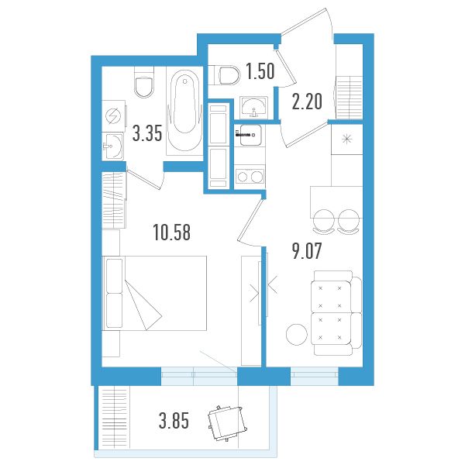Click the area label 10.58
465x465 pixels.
[x=172, y=232]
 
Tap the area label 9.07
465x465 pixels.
[x=307, y=251]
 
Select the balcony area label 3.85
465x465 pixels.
[x=174, y=421]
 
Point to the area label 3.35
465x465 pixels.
[x=147, y=133]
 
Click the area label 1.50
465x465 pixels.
[x=260, y=71]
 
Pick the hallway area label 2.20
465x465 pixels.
[x=307, y=102]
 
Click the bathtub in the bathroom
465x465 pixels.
[x=184, y=110]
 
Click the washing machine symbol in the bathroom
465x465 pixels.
[x=113, y=116]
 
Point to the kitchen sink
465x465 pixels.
[x=250, y=135]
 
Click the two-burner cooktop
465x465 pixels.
[x=250, y=177]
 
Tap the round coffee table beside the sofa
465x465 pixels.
[x=297, y=334]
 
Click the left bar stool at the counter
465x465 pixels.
[x=323, y=221]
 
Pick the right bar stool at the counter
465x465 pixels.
[x=349, y=221]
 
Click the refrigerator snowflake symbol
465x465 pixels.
[x=346, y=139]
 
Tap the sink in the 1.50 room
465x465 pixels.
[x=254, y=106]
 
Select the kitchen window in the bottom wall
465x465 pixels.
[x=315, y=377]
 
